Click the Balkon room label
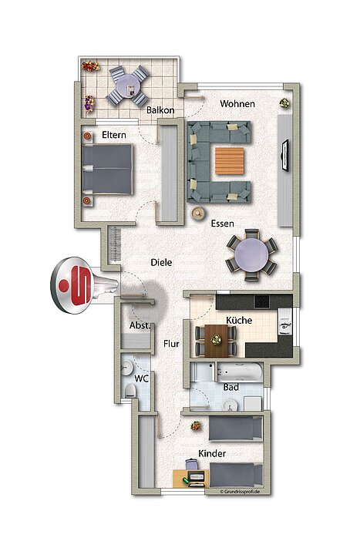point(160,110)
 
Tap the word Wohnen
point(237,104)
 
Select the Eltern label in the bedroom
point(113,135)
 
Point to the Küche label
point(239,321)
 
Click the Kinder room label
point(212,453)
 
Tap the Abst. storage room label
point(140,325)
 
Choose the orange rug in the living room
point(230,161)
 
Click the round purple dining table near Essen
point(251,254)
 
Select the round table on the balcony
point(128,86)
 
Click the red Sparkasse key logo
point(73,285)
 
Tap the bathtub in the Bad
point(240,372)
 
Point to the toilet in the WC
point(130,391)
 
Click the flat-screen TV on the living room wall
point(284,156)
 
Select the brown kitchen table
point(216,341)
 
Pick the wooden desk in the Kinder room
point(191,479)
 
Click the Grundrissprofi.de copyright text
point(240,492)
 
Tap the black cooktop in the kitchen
point(262,301)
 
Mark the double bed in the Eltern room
point(107,170)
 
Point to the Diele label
point(161,262)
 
